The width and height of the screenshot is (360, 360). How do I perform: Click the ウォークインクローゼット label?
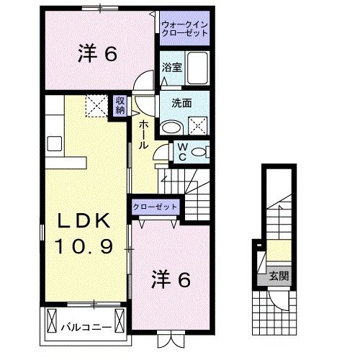[185, 29]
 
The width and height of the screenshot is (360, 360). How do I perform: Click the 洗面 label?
[181, 102]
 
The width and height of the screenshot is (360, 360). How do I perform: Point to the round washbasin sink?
[171, 127]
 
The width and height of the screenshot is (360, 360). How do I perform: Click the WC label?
[183, 152]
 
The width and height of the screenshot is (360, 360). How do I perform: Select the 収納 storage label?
[119, 105]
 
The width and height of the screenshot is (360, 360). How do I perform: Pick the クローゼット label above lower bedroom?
[155, 207]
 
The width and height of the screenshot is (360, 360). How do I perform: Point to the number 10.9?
[86, 248]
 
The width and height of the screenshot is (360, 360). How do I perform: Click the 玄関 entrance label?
[277, 275]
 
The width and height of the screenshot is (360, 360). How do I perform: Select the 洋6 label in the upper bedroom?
[96, 55]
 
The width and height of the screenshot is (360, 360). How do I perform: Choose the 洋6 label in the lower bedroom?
[171, 279]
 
